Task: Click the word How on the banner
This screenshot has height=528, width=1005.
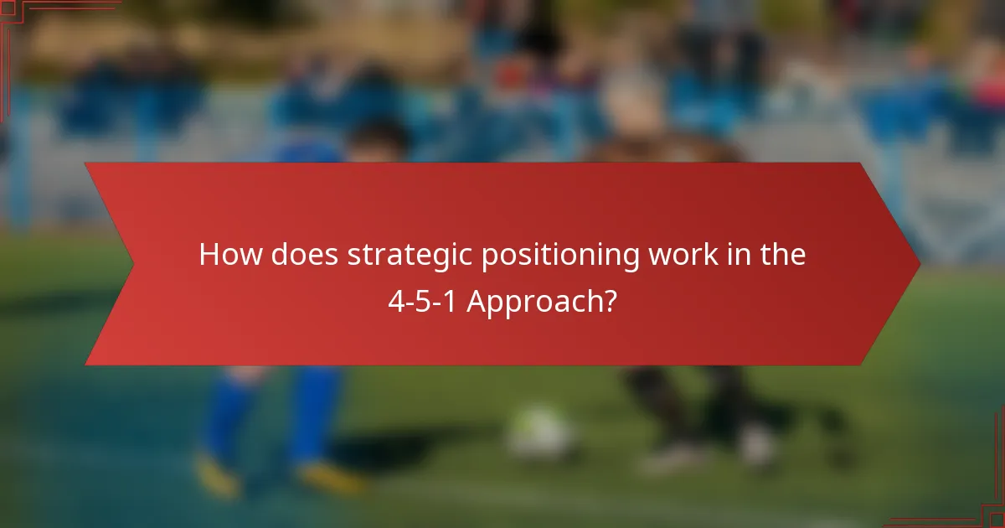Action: (x=230, y=256)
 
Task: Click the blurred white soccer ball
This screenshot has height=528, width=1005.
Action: (x=540, y=432)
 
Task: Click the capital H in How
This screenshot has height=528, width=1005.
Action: (x=209, y=256)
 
